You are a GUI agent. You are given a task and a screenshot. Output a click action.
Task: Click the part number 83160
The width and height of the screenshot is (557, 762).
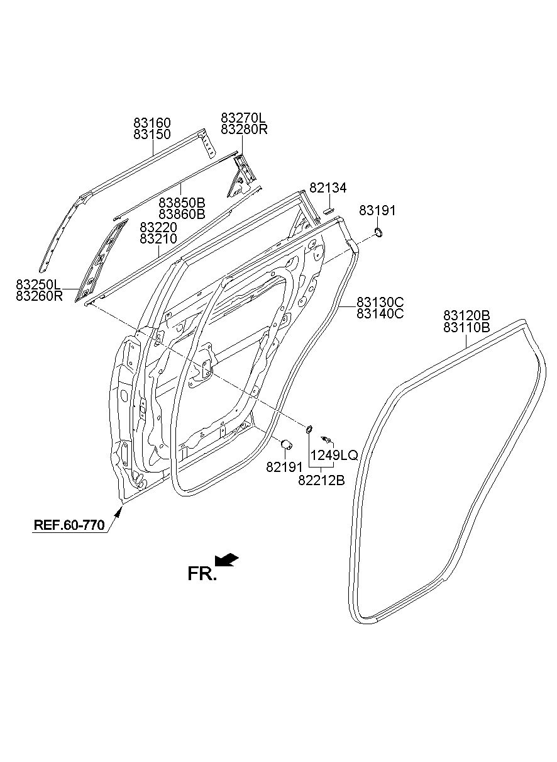152,123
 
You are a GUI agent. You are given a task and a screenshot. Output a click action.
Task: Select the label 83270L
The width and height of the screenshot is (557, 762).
243,118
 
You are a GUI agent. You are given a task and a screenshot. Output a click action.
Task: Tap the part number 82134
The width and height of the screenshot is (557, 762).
328,188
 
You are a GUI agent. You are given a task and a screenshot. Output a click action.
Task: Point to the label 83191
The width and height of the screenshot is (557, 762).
378,211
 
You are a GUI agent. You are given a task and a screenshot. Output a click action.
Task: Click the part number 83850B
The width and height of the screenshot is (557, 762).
182,203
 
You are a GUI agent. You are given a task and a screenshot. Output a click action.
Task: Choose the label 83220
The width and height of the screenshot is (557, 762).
158,227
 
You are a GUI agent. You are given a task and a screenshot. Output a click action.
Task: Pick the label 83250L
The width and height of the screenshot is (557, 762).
40,285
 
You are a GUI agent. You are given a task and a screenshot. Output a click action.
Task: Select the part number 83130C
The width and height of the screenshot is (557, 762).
380,301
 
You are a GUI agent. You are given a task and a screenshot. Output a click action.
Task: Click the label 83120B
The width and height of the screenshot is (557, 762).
466,315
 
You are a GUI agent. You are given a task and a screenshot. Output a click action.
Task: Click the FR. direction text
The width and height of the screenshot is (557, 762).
202,573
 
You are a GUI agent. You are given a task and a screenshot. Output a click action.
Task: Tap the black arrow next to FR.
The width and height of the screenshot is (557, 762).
226,559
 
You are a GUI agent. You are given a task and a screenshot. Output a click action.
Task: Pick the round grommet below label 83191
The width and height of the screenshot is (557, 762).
380,234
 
